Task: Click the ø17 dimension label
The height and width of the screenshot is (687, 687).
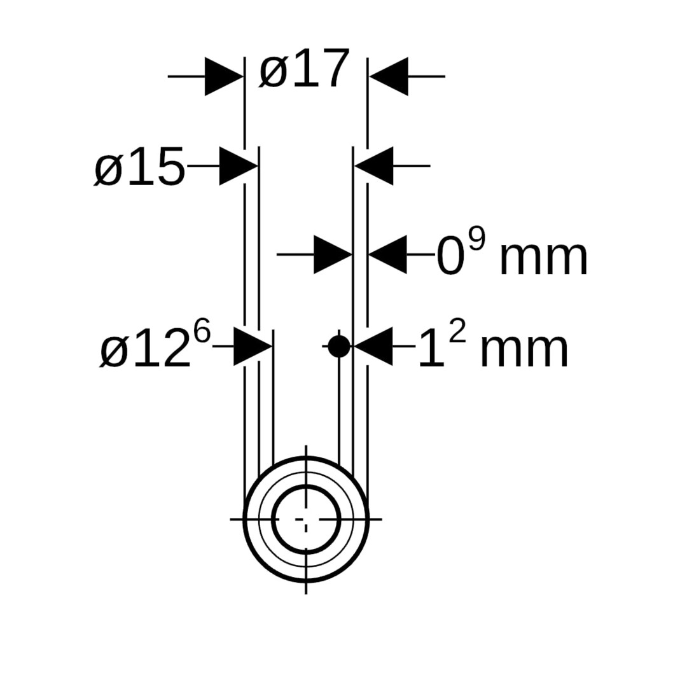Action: [x=305, y=68]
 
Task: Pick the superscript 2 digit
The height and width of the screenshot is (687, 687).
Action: [x=457, y=333]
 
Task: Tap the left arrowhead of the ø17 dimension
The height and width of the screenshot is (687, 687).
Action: [x=224, y=76]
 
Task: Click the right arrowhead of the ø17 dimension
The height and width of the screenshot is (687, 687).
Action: [x=389, y=76]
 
